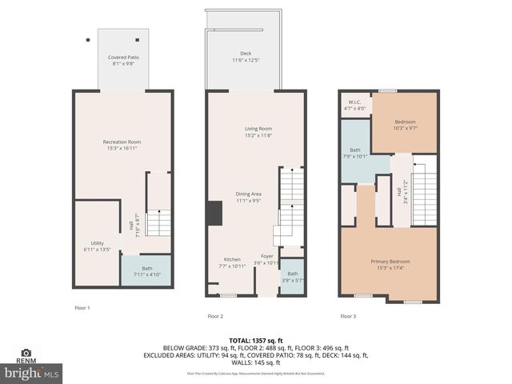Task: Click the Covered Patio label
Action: coord(122,60)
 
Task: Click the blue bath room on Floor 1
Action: coord(146,271)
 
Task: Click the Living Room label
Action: coord(258,131)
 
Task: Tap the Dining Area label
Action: coord(249,197)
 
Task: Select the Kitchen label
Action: coord(232,262)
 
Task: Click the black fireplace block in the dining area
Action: coord(214,212)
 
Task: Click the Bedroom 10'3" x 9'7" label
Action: coord(406,123)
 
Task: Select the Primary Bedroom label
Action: coord(390,264)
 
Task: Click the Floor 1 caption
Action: coord(82,308)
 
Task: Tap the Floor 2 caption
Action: coord(215,316)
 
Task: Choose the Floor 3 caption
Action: coord(348,316)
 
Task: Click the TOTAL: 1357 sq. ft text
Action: coord(254,341)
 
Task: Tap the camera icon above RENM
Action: coord(26,352)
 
